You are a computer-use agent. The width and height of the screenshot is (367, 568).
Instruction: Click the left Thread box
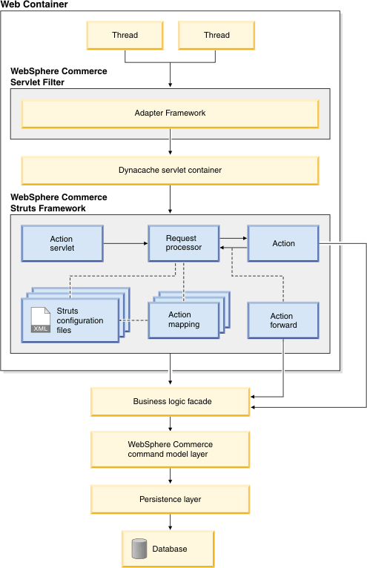coord(125,35)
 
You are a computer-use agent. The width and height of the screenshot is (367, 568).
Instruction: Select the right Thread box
coord(216,35)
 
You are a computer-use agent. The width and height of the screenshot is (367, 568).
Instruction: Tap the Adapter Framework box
coord(170,113)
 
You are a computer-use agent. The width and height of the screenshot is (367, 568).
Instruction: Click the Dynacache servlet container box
coord(170,171)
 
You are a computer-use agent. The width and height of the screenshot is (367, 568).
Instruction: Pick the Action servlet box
coord(62,243)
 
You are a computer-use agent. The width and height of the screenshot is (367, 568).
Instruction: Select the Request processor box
coord(184,243)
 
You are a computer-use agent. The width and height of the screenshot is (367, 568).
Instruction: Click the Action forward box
coord(283,320)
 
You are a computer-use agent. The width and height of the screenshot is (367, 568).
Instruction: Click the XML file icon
coord(41,320)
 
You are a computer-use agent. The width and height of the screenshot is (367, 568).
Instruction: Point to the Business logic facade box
coord(170,402)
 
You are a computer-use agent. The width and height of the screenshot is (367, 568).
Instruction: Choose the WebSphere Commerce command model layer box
coord(170,449)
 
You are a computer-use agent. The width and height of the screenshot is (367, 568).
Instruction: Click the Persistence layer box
coord(170,500)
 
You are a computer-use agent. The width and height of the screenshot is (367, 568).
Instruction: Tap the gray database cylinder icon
coord(139,549)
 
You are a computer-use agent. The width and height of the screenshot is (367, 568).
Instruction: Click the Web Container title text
coord(34,4)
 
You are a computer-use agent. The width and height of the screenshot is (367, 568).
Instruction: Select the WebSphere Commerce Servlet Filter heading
coord(59,77)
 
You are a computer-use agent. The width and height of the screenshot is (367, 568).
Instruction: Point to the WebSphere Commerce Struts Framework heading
coord(59,203)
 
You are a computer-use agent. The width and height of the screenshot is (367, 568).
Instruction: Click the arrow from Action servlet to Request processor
coord(126,243)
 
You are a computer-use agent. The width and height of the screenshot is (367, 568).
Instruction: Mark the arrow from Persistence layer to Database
coord(170,522)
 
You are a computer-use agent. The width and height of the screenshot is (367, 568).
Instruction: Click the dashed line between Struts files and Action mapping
coord(133,320)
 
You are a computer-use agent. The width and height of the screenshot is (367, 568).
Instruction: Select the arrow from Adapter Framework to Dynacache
coord(170,142)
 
